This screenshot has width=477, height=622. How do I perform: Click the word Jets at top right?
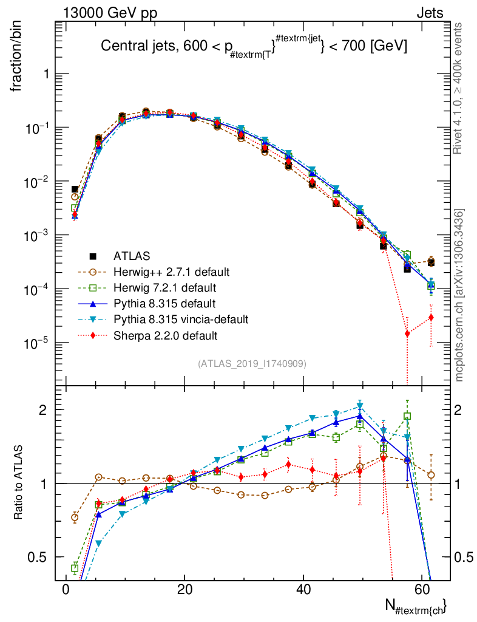tap(430, 13)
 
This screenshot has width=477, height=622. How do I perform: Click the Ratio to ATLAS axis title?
tap(18, 484)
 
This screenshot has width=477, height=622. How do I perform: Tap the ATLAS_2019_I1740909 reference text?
tap(252, 364)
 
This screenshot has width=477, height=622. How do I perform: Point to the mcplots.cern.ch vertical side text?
tap(459, 295)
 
